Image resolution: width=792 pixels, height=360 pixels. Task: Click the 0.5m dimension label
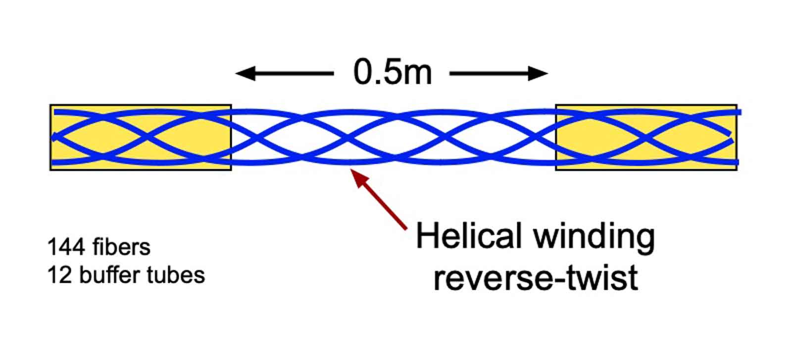click(393, 72)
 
